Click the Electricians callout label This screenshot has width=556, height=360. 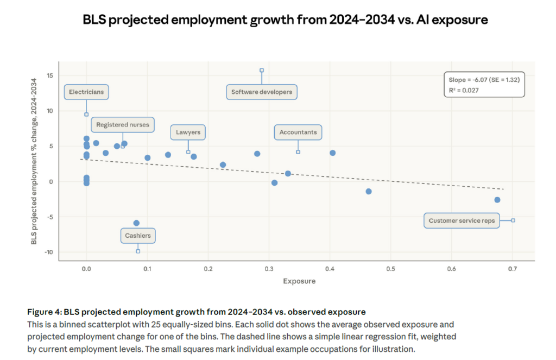[86, 92]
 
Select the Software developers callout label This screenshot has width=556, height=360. [262, 92]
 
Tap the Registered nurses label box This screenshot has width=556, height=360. [123, 125]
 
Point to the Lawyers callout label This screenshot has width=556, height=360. [188, 132]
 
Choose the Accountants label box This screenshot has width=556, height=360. [298, 132]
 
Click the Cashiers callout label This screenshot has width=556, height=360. [138, 236]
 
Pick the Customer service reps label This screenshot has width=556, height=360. [462, 221]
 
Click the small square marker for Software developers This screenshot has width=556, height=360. [262, 70]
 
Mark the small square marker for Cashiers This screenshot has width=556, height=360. [138, 251]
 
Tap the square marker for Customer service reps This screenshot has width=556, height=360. [513, 220]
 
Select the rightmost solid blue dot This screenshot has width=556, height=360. [497, 200]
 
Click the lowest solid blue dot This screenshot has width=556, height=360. [136, 223]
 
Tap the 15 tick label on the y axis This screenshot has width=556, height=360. [49, 75]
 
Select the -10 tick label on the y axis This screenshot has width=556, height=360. [48, 252]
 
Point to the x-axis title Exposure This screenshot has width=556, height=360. [299, 281]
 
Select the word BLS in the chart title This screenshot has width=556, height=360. [96, 20]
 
